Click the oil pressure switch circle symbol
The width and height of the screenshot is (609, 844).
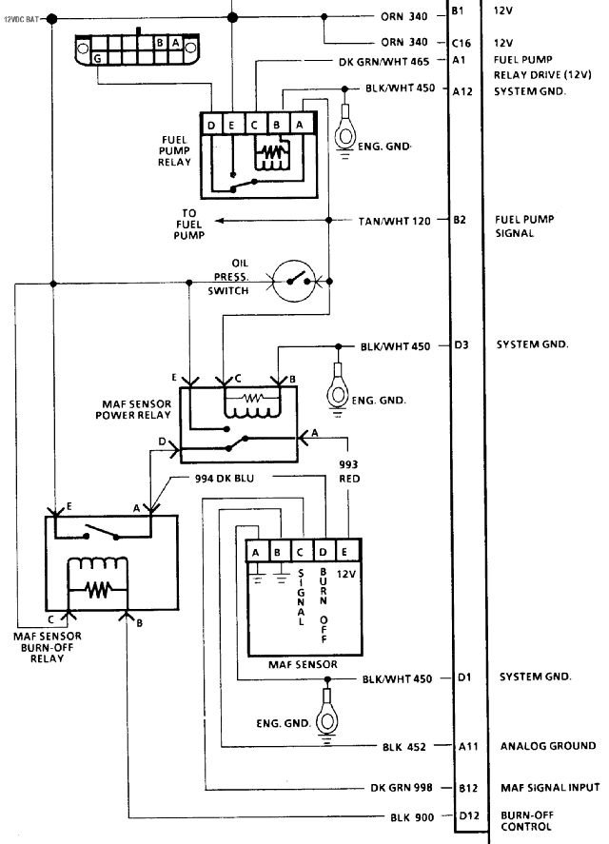coord(293,281)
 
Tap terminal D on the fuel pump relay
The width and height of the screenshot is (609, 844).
coord(211,125)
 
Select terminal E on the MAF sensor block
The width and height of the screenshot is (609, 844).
coord(344,552)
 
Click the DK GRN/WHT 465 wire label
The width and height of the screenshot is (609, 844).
coord(383,62)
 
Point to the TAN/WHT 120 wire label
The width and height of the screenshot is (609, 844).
coord(395,221)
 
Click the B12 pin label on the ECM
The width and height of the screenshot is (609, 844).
coord(468,788)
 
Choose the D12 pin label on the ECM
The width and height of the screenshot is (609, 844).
coord(468,816)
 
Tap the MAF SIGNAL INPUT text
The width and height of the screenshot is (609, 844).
coord(550,788)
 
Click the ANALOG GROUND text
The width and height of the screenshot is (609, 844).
coord(548,746)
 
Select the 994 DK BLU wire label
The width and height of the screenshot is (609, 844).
coord(224,478)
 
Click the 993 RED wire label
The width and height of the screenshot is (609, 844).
coord(349,471)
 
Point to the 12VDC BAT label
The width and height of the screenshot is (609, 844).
coord(22,19)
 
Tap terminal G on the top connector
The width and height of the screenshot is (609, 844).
coord(98,58)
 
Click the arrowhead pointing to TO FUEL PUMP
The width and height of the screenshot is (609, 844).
coord(220,221)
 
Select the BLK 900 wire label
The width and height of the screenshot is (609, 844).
coord(412,817)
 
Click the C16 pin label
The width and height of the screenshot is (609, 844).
coord(461,43)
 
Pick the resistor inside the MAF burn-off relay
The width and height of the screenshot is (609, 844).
coord(97,590)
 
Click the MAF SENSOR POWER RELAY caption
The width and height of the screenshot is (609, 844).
coord(133,409)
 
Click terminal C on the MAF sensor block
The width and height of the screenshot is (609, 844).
coord(300,552)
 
